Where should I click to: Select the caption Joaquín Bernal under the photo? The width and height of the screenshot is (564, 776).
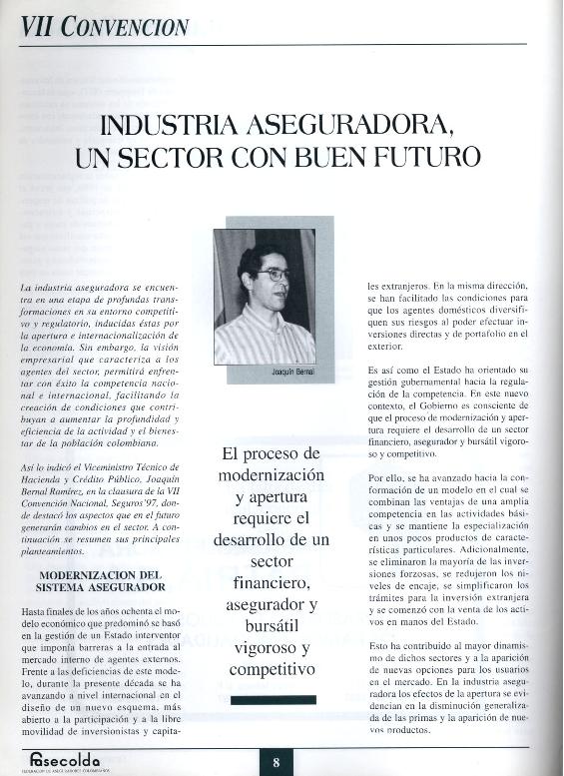[292, 372]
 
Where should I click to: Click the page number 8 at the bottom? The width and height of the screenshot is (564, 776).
[276, 763]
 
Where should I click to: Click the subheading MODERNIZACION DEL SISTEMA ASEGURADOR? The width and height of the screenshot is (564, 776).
[111, 581]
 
